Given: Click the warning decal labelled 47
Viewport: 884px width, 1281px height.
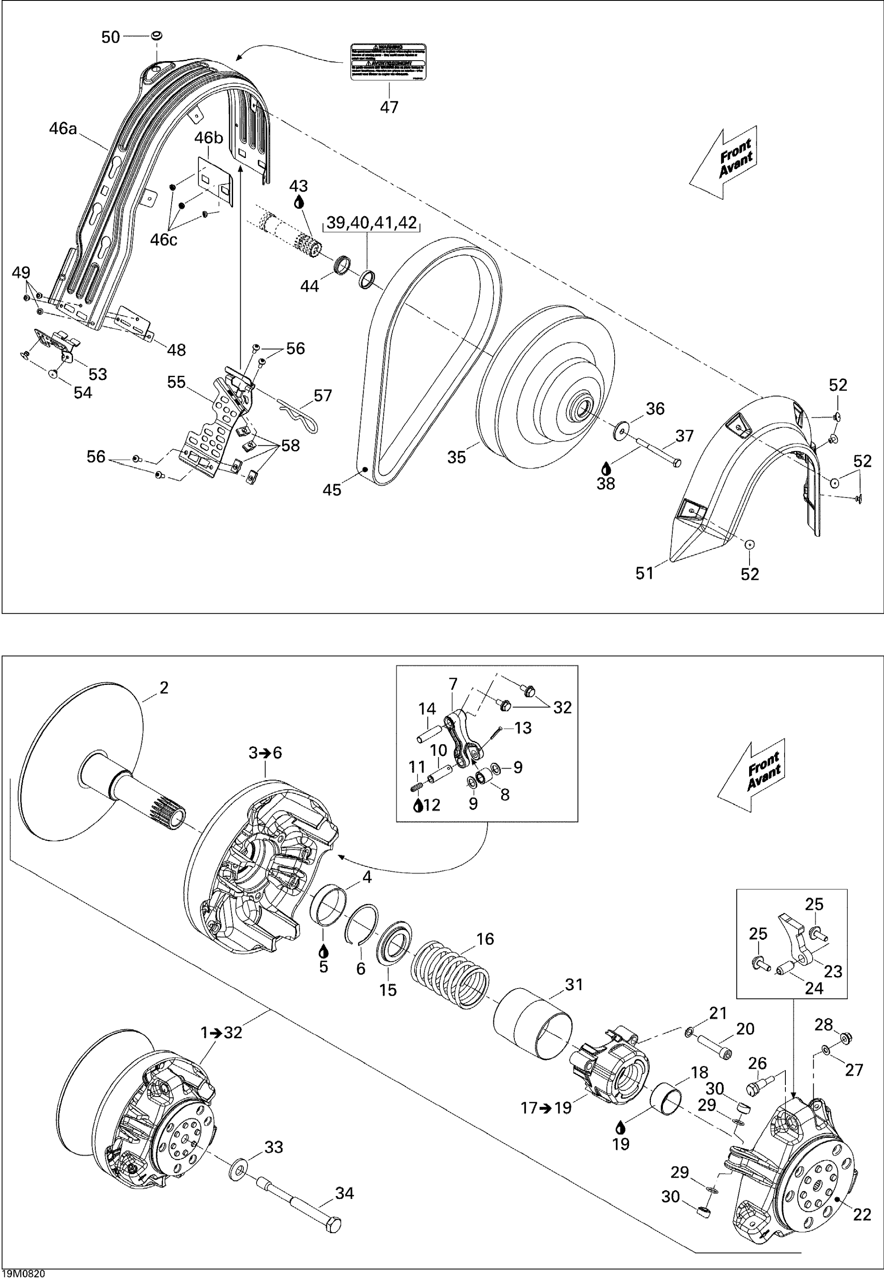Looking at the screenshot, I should (389, 61).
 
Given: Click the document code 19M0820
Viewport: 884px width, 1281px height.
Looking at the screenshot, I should (23, 1274).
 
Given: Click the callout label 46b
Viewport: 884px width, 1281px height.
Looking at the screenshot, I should (208, 137).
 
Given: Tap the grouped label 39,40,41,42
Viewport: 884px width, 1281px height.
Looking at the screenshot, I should (372, 223).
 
